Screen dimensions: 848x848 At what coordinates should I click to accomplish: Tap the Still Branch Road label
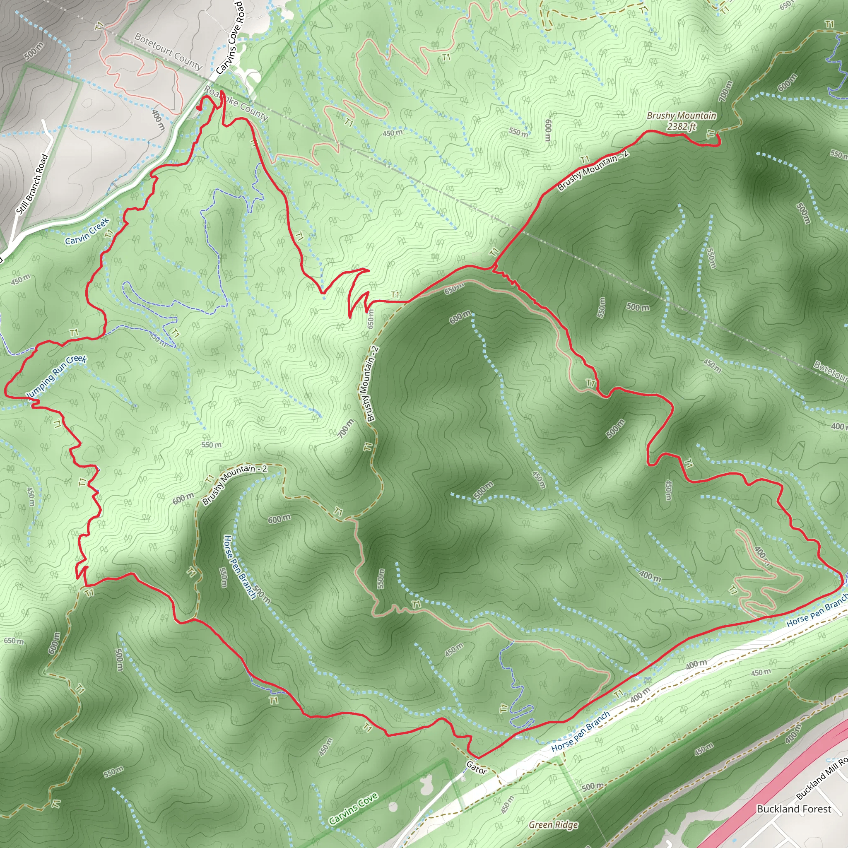(x=32, y=184)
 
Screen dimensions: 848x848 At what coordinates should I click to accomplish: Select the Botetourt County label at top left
(x=168, y=52)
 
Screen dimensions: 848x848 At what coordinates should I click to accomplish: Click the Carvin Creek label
(x=87, y=231)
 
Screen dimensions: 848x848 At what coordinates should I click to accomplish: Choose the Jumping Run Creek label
(x=56, y=378)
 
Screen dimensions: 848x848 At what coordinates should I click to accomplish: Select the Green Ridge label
(x=553, y=825)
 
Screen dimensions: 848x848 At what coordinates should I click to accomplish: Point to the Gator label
(x=476, y=768)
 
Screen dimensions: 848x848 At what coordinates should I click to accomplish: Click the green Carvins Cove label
(x=353, y=808)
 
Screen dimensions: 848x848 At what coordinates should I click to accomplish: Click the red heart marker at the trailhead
(x=199, y=108)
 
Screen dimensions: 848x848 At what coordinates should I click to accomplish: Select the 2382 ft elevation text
(x=681, y=126)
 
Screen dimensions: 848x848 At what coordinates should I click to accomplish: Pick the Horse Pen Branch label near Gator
(x=580, y=731)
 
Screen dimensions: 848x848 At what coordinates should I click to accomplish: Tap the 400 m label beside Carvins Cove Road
(x=158, y=120)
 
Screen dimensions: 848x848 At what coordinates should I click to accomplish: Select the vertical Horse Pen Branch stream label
(x=239, y=566)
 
